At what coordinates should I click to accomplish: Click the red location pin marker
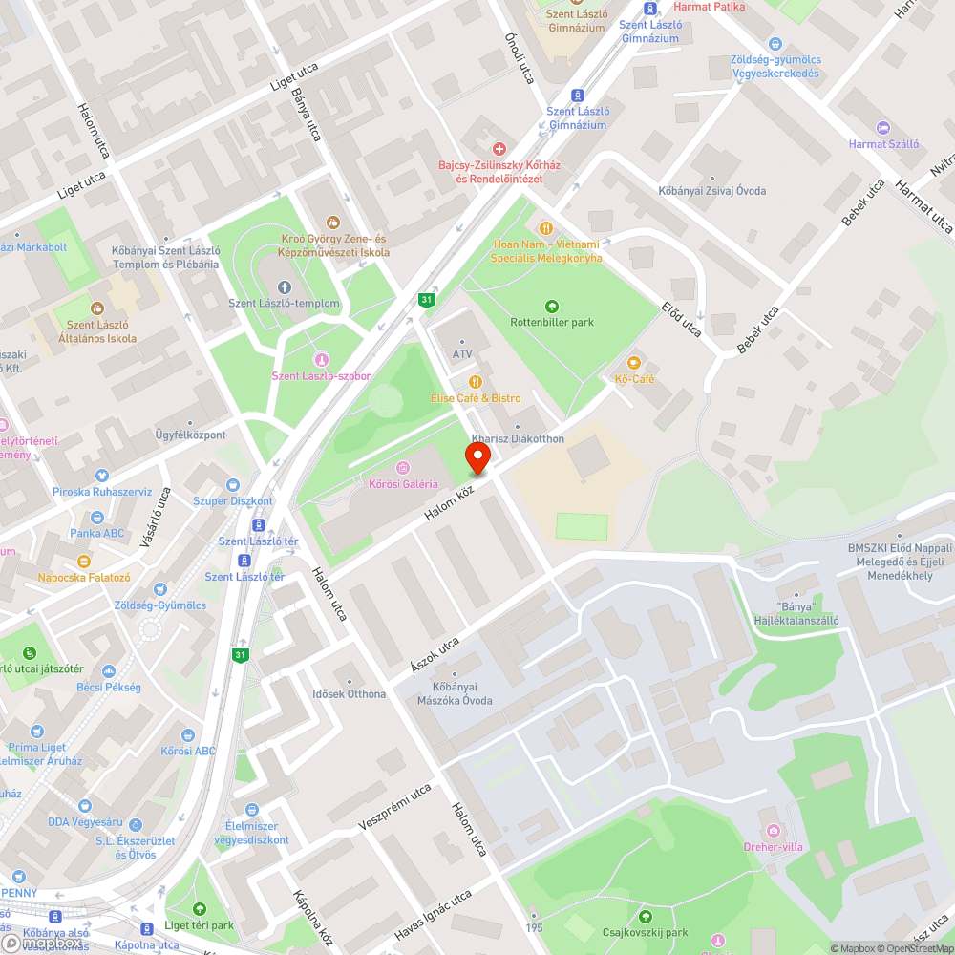pos(478,457)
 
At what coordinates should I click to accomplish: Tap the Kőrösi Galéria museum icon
pos(403,468)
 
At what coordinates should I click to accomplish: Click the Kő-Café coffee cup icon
pos(633,363)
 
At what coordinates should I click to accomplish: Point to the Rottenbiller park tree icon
pos(552,306)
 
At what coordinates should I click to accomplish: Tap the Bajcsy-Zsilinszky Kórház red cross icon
pos(499,149)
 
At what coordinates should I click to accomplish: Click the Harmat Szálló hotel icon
pos(883,128)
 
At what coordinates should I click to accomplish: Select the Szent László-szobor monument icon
pos(321,360)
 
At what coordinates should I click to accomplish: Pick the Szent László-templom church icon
pos(284,287)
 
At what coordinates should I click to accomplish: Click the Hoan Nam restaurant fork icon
pos(546,228)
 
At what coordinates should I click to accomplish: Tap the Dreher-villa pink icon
pos(773,831)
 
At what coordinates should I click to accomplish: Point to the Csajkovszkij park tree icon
pos(646,917)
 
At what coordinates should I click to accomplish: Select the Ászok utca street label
pos(435,656)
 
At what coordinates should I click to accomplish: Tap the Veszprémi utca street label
pos(395,807)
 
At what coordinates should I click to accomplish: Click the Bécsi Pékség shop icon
pos(108,671)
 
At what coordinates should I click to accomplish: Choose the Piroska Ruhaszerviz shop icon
pos(101,476)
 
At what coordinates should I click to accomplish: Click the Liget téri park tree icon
pos(199,909)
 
